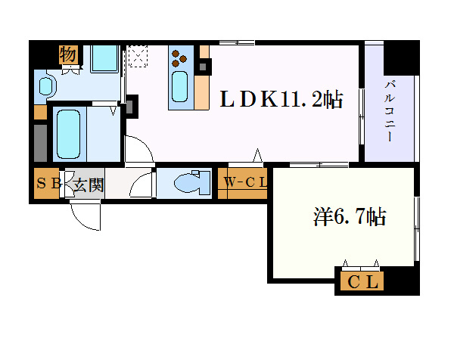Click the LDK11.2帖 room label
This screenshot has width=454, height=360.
pyautogui.click(x=281, y=99)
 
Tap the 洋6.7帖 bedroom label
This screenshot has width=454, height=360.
pyautogui.click(x=350, y=219)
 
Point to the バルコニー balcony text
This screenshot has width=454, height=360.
pyautogui.click(x=389, y=110)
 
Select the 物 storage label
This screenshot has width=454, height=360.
pyautogui.click(x=68, y=54)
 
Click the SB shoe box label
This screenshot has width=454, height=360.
pyautogui.click(x=49, y=184)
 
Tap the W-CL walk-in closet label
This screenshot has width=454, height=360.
pyautogui.click(x=245, y=183)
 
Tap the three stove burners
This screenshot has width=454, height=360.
pyautogui.click(x=180, y=57)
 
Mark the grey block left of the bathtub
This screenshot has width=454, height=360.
pyautogui.click(x=40, y=141)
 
